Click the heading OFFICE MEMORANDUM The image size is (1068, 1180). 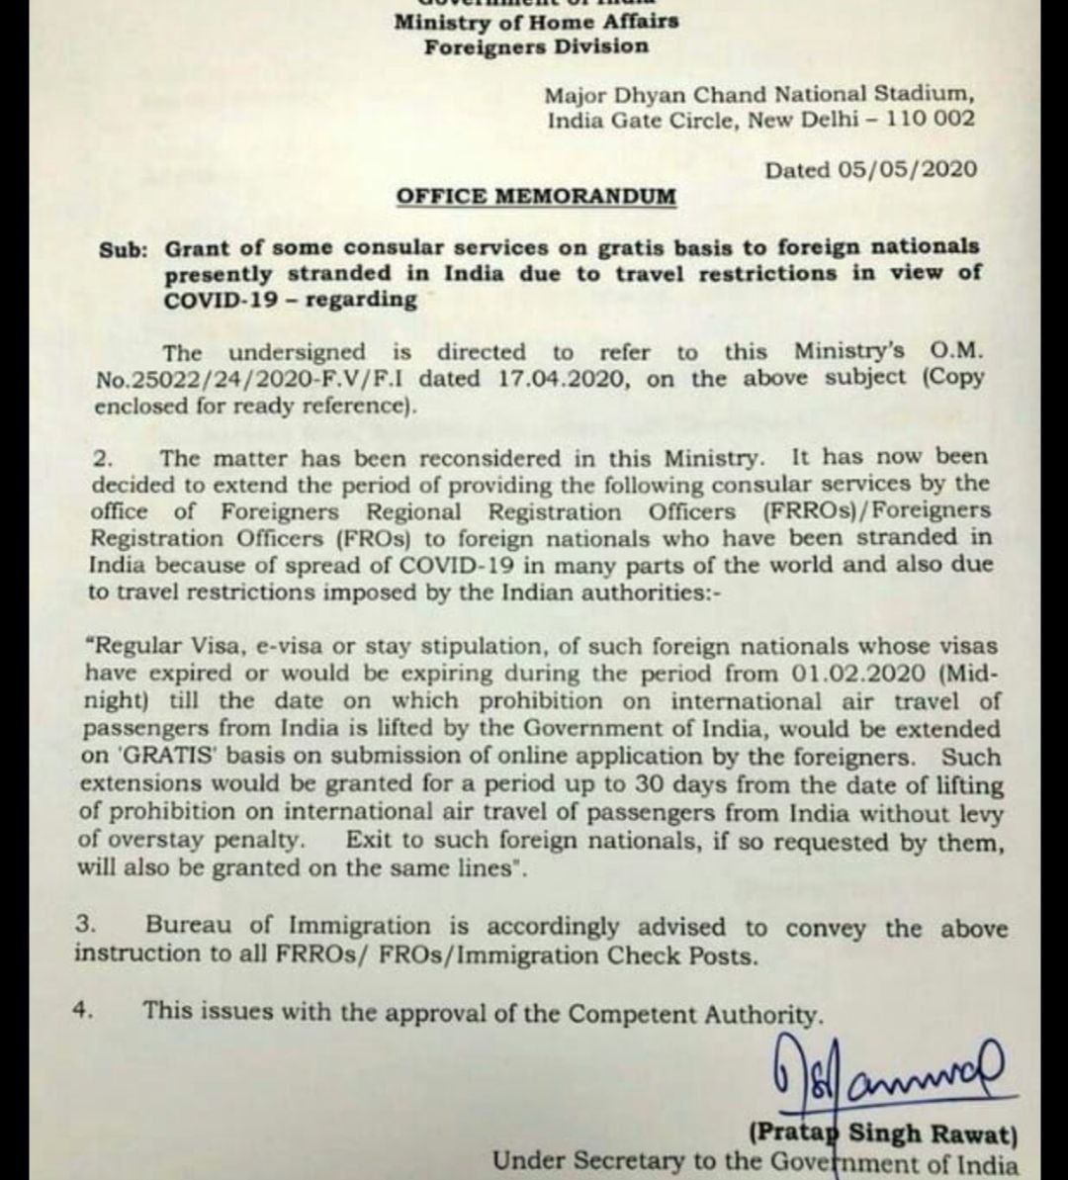click(536, 196)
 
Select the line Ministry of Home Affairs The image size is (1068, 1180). click(535, 22)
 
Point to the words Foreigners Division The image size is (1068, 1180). click(536, 46)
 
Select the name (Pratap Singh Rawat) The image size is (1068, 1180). click(883, 1135)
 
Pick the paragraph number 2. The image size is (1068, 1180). click(105, 458)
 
